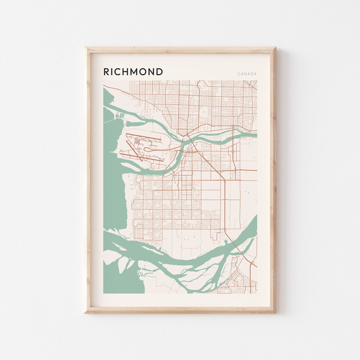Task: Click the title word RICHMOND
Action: coord(133,72)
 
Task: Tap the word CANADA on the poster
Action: coord(247,74)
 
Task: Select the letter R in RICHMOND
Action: coord(106,72)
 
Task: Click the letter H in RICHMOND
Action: coord(123,72)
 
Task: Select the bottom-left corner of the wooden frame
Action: coord(85,312)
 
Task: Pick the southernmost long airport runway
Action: coord(142,158)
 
